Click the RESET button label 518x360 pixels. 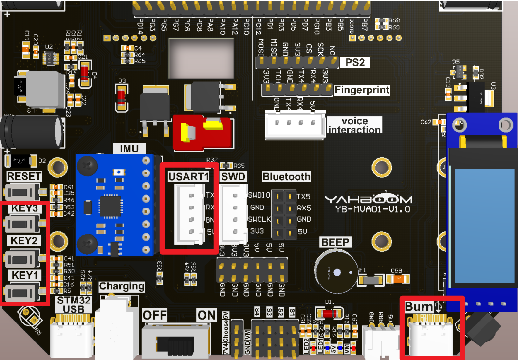24,176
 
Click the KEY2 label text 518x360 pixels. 24,241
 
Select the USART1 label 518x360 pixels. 187,176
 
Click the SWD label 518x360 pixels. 233,176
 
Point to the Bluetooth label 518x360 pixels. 286,176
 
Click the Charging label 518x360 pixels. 121,286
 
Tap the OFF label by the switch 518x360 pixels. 155,315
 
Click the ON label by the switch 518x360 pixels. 206,315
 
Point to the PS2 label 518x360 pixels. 355,62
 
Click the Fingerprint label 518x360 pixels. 362,90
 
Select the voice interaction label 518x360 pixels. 354,125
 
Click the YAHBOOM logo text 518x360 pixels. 369,199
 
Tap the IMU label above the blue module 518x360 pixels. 125,149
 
